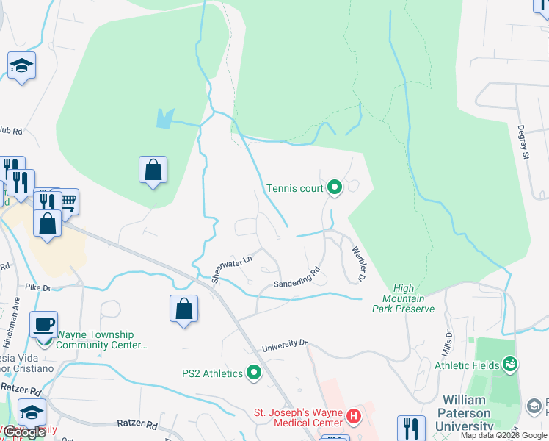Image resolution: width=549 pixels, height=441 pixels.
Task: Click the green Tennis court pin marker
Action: point(335,188)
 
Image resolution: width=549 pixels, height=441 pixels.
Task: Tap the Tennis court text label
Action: point(294,189)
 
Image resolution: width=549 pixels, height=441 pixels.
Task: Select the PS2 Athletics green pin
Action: point(254,373)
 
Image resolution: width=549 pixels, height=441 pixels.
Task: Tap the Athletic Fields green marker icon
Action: point(509,365)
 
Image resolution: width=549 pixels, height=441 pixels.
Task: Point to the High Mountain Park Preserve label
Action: point(408,298)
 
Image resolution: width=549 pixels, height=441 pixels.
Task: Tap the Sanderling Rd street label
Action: point(297,278)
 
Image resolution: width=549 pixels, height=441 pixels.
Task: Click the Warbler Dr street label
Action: point(358,264)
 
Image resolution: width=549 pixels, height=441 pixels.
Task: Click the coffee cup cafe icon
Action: point(44,325)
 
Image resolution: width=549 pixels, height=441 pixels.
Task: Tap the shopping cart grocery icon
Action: point(67,201)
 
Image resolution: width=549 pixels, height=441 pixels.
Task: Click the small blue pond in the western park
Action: point(165,117)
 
